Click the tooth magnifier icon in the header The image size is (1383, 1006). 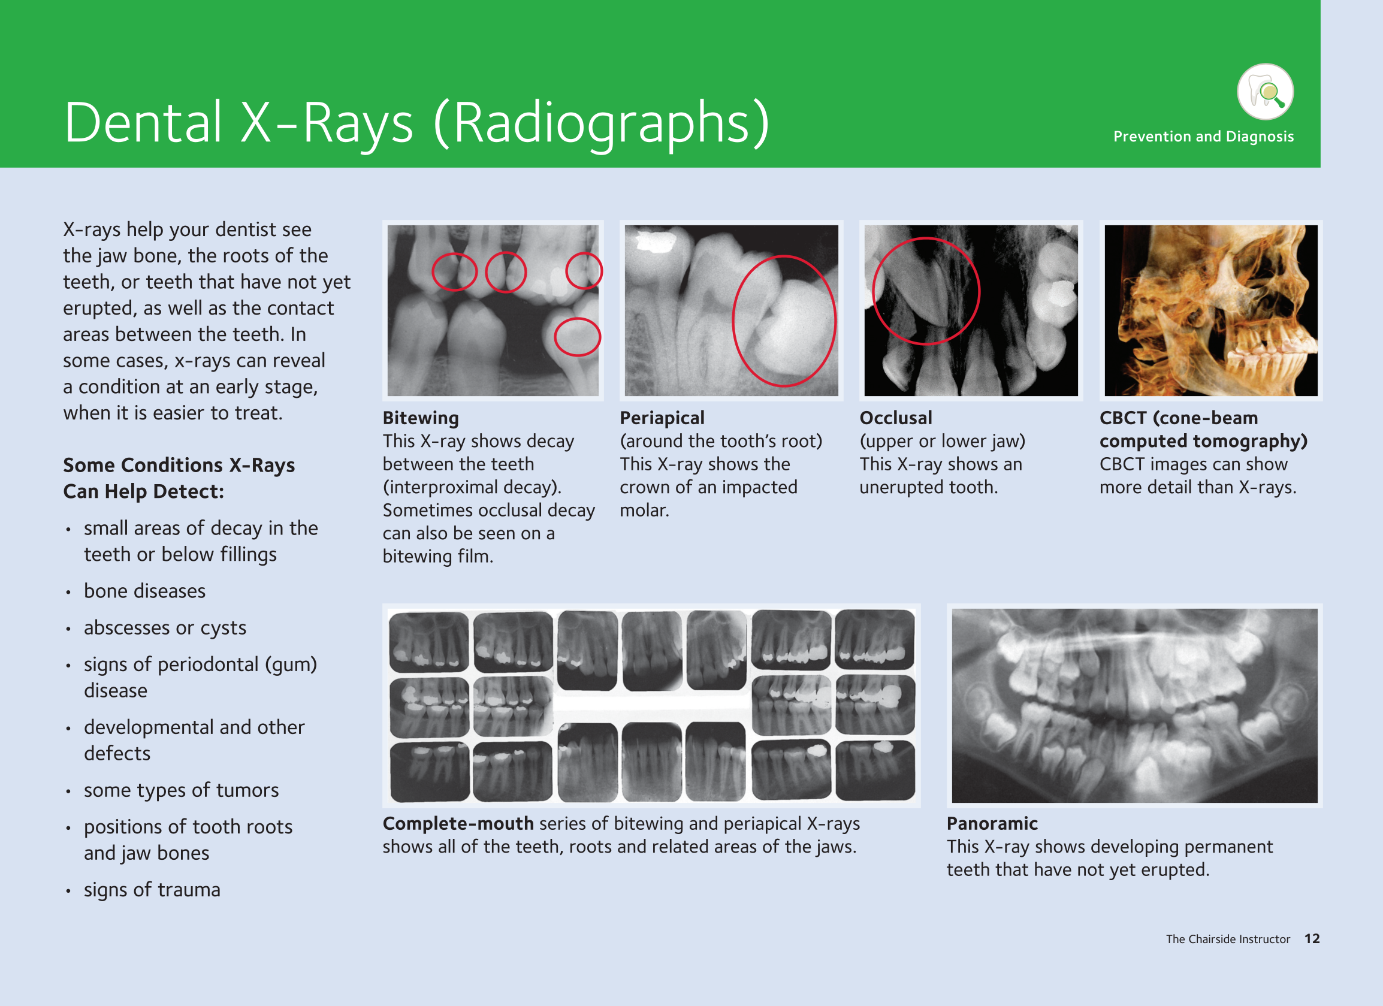click(1266, 92)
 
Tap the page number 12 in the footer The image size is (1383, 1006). click(1312, 939)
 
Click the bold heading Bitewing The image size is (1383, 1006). click(421, 418)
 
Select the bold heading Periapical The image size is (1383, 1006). click(662, 418)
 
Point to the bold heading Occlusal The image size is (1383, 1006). click(896, 418)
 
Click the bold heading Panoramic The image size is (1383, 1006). click(992, 824)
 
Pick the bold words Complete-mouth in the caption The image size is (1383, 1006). click(458, 824)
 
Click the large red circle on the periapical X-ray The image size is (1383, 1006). click(733, 321)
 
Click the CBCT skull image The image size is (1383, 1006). click(1211, 310)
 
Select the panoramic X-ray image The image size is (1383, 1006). click(1134, 705)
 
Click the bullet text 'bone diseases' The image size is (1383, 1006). click(144, 591)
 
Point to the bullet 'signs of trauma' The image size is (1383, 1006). click(152, 890)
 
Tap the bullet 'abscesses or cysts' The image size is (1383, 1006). click(165, 628)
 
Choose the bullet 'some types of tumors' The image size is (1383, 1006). click(181, 790)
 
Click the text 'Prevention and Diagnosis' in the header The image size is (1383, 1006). click(1203, 137)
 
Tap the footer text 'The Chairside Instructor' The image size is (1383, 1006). click(1228, 939)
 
